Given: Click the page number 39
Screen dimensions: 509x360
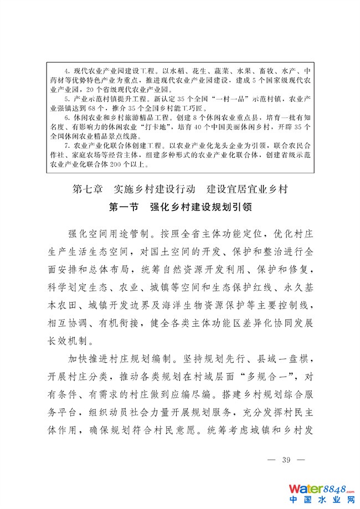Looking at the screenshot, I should click(286, 460).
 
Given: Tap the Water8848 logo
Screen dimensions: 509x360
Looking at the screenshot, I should click(322, 490).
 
